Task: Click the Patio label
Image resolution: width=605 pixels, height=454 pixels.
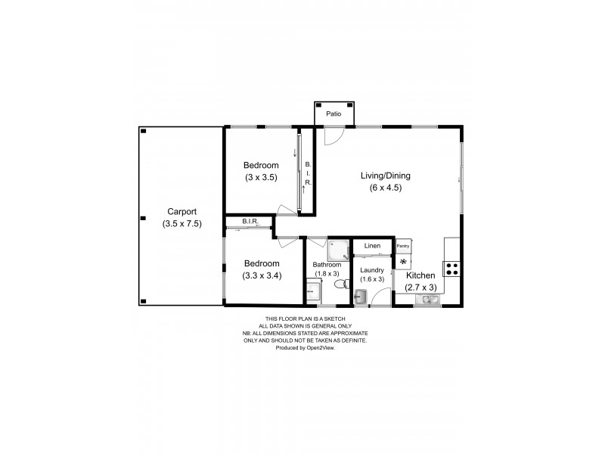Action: [334, 114]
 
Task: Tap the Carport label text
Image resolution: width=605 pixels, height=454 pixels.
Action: [181, 212]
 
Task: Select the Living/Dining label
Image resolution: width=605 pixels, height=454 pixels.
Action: [385, 176]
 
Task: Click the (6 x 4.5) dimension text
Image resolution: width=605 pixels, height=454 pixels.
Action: [385, 188]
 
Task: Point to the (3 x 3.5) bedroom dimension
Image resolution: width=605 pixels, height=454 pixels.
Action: [261, 178]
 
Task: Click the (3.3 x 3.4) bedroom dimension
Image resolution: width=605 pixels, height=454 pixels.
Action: [262, 275]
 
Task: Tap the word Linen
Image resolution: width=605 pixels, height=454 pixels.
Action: [372, 246]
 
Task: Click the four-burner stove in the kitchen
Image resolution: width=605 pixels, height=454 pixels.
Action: [452, 267]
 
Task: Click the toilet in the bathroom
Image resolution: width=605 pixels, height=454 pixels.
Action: [340, 285]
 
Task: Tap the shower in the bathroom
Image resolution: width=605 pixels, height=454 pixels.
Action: [339, 249]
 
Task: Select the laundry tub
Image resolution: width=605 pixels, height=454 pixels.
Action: [361, 298]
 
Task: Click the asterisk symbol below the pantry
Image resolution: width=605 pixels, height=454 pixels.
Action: [403, 262]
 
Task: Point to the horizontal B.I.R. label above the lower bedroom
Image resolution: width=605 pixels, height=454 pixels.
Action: [250, 222]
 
